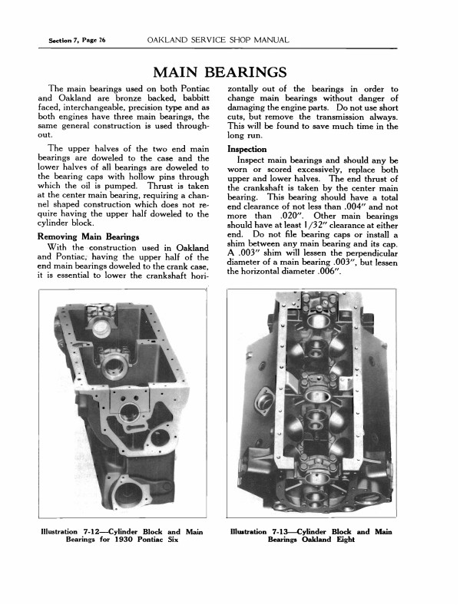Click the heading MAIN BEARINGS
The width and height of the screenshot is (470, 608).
point(220,72)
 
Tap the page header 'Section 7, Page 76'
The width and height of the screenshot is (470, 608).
point(76,39)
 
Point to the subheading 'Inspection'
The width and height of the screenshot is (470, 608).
point(247,148)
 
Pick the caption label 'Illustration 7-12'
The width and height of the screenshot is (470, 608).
point(72,531)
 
